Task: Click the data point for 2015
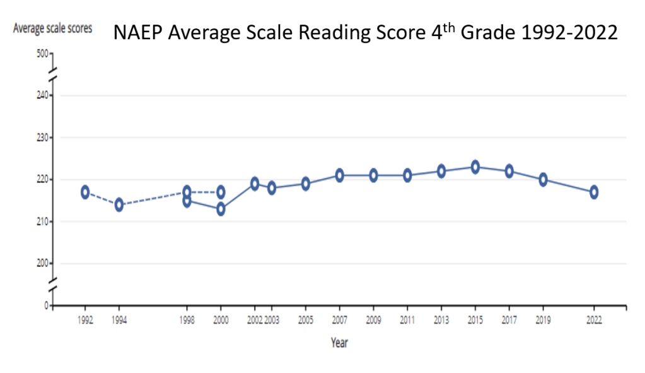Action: coord(475,167)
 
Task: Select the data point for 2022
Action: coord(594,192)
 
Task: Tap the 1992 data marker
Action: coord(85,192)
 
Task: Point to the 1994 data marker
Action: coord(119,204)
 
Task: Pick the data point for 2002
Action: coord(255,184)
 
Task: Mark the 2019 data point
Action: coord(543,179)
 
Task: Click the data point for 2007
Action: coord(339,175)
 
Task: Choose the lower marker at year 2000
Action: coord(221,209)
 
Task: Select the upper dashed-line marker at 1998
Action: coord(187,192)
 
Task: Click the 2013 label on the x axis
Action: coord(441,321)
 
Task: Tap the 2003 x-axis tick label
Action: coord(271,321)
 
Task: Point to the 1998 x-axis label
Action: coord(187,321)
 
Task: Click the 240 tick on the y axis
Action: coord(42,95)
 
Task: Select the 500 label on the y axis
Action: coord(42,53)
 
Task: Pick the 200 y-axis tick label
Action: coord(42,264)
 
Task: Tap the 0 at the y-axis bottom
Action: coord(46,305)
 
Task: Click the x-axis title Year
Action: coord(339,343)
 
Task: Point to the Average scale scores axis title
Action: coord(52,28)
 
